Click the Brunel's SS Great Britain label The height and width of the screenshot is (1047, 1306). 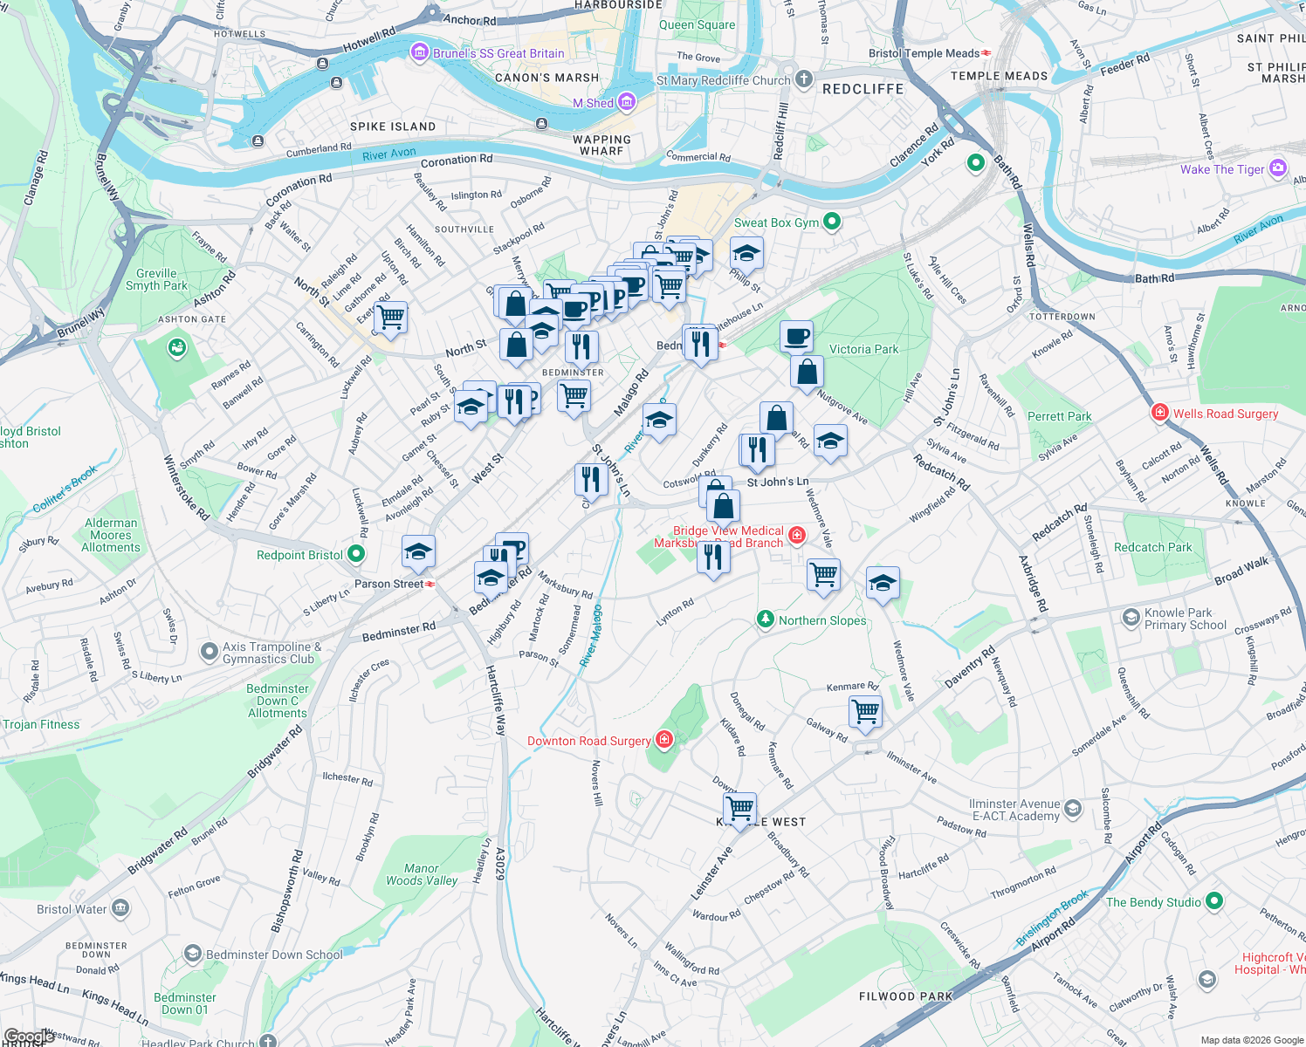(498, 53)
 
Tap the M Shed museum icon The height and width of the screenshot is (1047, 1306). (627, 102)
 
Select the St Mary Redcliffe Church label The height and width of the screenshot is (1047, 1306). (723, 80)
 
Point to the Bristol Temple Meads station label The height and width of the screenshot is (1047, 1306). (924, 53)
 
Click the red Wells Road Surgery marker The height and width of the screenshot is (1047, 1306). (1160, 413)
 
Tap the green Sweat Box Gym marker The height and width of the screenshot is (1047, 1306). (832, 222)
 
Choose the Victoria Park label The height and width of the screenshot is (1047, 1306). (863, 349)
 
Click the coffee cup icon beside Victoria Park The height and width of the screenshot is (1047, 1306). (795, 336)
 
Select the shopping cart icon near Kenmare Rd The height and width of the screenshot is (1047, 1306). (865, 711)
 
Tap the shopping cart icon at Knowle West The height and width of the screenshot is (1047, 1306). (739, 807)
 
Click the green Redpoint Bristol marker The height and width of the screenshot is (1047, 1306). (356, 554)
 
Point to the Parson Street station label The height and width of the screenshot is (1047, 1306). (388, 584)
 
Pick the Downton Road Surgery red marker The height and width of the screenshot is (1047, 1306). (665, 740)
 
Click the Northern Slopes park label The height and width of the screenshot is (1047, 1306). (822, 620)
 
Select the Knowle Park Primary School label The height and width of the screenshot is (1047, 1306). (1185, 619)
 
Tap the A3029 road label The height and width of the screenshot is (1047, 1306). (500, 864)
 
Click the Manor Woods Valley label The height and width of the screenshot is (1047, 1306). (422, 874)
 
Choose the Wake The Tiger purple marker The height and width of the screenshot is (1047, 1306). (1278, 168)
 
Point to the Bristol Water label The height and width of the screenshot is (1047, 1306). (72, 909)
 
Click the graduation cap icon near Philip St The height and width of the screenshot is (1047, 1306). (746, 254)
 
